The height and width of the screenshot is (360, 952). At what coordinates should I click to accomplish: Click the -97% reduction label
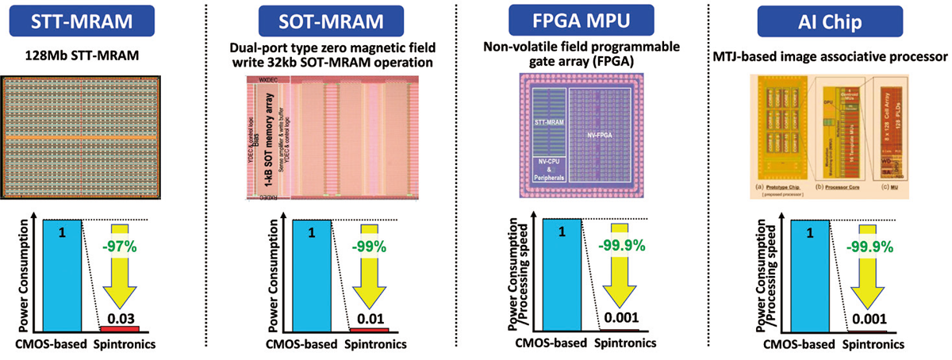[x=120, y=246]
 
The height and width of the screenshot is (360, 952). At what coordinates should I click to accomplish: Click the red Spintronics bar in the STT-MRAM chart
[x=119, y=328]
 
